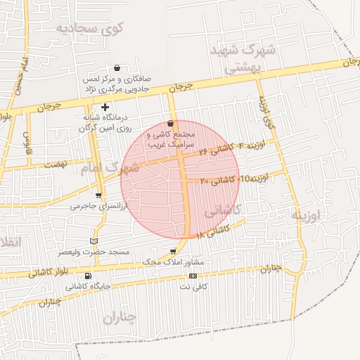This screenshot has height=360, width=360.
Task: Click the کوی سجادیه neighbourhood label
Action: (x=99, y=28)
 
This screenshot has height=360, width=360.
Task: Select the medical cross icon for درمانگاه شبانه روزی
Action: (x=105, y=108)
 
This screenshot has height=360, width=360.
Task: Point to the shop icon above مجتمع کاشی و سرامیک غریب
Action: (x=171, y=123)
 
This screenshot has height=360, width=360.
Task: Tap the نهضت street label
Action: (x=53, y=163)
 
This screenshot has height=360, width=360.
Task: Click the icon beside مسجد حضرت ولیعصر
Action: (x=94, y=241)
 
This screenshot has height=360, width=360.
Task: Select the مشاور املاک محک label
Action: (x=173, y=262)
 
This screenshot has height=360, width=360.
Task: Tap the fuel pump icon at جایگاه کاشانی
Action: (x=88, y=276)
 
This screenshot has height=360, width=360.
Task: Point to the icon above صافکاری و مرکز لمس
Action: (x=117, y=68)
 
